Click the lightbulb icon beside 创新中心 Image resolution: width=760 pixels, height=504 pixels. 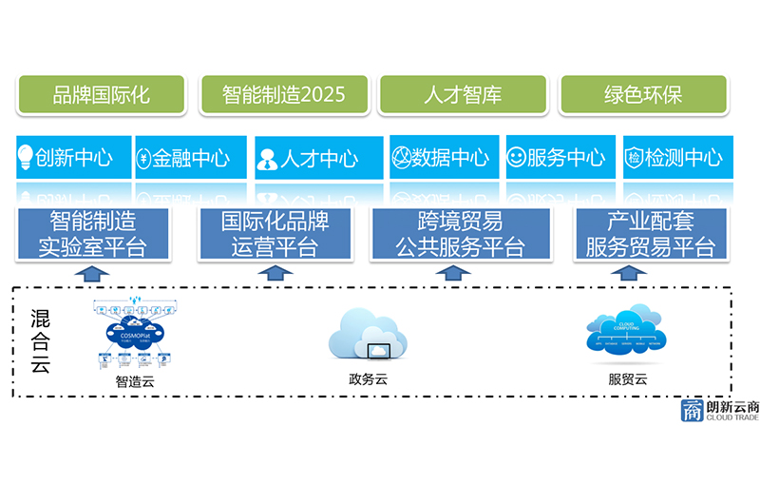pyautogui.click(x=26, y=158)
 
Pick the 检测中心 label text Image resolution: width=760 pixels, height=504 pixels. pyautogui.click(x=683, y=158)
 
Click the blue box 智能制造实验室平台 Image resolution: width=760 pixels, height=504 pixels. pyautogui.click(x=92, y=234)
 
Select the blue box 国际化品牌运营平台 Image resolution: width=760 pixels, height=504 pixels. pyautogui.click(x=275, y=234)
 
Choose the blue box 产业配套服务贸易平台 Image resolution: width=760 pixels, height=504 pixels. pyautogui.click(x=650, y=234)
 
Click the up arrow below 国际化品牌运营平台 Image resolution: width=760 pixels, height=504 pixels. pyautogui.click(x=275, y=273)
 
